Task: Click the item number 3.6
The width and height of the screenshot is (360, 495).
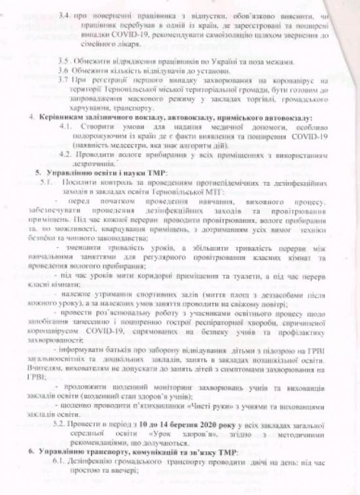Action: click(64, 69)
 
